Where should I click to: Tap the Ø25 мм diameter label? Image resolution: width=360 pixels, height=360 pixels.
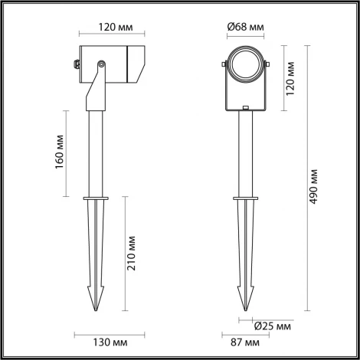[x=272, y=326]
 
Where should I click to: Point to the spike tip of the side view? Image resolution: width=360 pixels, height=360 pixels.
[x=96, y=310]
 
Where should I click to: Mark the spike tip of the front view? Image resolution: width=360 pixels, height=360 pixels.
[x=246, y=310]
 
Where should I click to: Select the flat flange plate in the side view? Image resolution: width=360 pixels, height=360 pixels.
[x=96, y=200]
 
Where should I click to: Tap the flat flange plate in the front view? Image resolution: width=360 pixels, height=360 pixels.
[x=246, y=200]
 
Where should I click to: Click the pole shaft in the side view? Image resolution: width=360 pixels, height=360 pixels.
[x=96, y=153]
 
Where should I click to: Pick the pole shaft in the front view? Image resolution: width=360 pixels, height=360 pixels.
[x=246, y=153]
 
